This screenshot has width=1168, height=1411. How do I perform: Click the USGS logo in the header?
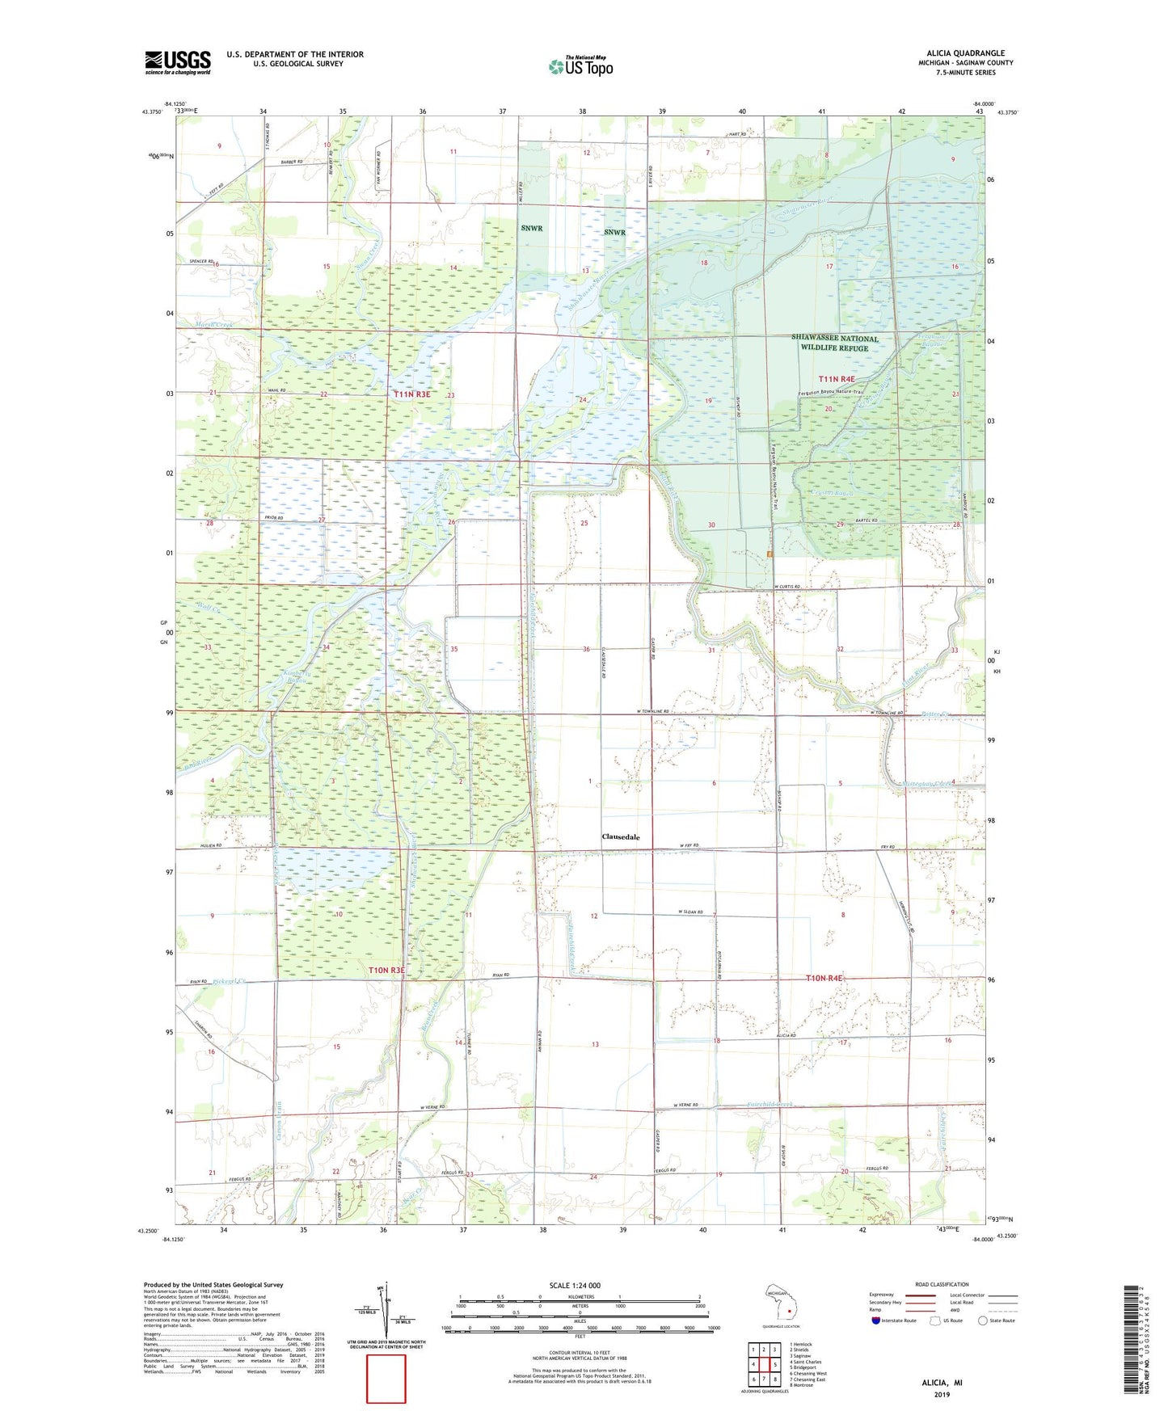[x=177, y=62]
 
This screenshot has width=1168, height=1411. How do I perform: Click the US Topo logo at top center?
[x=580, y=66]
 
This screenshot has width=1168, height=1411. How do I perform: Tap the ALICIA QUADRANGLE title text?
[x=960, y=53]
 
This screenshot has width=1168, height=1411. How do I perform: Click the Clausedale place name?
[x=621, y=837]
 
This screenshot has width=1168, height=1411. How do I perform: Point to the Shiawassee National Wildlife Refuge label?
[x=834, y=343]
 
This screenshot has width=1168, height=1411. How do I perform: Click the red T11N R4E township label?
[x=836, y=378]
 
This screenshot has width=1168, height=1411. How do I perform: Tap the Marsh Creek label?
[x=213, y=325]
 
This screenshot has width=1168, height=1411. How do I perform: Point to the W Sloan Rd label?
[x=695, y=912]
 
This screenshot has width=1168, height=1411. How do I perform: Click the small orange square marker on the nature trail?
[x=770, y=554]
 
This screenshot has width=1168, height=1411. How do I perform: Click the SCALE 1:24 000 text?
[x=575, y=1285]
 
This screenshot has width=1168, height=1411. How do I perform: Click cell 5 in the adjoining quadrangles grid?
[x=774, y=1365]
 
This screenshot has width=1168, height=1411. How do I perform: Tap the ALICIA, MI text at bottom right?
[x=942, y=1383]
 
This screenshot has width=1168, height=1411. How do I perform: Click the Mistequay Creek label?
[x=918, y=783]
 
